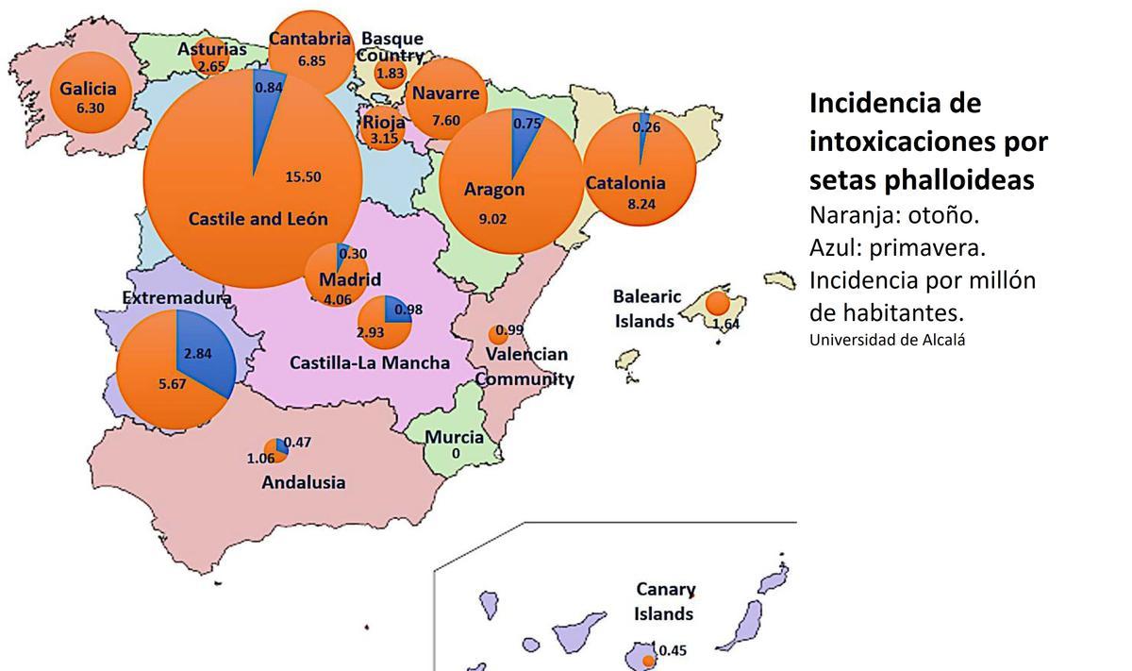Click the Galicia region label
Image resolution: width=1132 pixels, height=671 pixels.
pos(89,89)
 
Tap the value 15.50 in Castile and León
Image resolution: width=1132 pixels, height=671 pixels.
pos(303,176)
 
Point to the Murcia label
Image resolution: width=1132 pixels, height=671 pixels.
pos(454,437)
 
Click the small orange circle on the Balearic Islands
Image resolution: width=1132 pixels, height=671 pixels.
pos(717,303)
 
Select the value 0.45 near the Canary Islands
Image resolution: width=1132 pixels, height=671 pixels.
pos(673,649)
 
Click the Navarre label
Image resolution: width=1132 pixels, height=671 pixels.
pos(446,94)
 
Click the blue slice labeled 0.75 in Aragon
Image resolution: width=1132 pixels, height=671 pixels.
pos(524,132)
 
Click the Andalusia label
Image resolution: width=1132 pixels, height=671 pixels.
pos(303,482)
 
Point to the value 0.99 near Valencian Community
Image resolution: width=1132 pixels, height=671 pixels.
pos(509,329)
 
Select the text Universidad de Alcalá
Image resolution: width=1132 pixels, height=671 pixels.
pos(887,340)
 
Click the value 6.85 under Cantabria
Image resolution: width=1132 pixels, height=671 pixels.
pos(311,60)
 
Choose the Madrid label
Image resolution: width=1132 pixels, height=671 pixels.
pos(350,280)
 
